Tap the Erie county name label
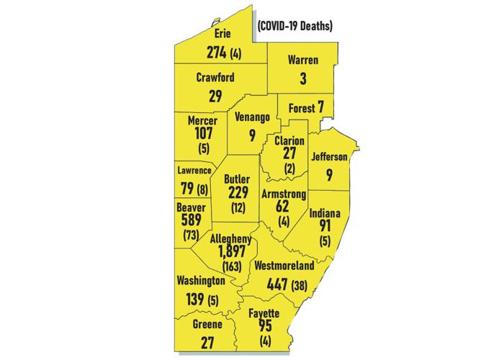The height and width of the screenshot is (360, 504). pyautogui.click(x=222, y=34)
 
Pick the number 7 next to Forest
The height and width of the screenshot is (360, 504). pyautogui.click(x=321, y=108)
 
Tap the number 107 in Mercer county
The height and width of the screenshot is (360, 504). pyautogui.click(x=200, y=134)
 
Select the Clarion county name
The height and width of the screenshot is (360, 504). pyautogui.click(x=289, y=140)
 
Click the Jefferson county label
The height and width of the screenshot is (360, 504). pyautogui.click(x=330, y=156)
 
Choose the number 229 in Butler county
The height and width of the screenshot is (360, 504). pyautogui.click(x=237, y=194)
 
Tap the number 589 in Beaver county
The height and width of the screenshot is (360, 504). pyautogui.click(x=192, y=221)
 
